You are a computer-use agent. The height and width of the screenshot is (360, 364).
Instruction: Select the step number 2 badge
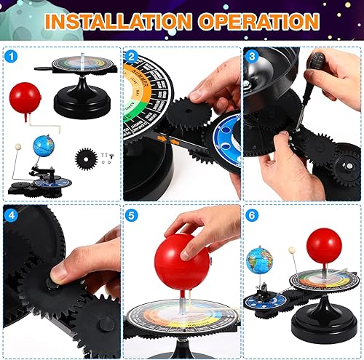point(131,56)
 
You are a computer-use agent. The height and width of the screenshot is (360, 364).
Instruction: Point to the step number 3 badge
point(252,56)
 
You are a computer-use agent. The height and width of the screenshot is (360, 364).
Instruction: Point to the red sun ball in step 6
point(323,246)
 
